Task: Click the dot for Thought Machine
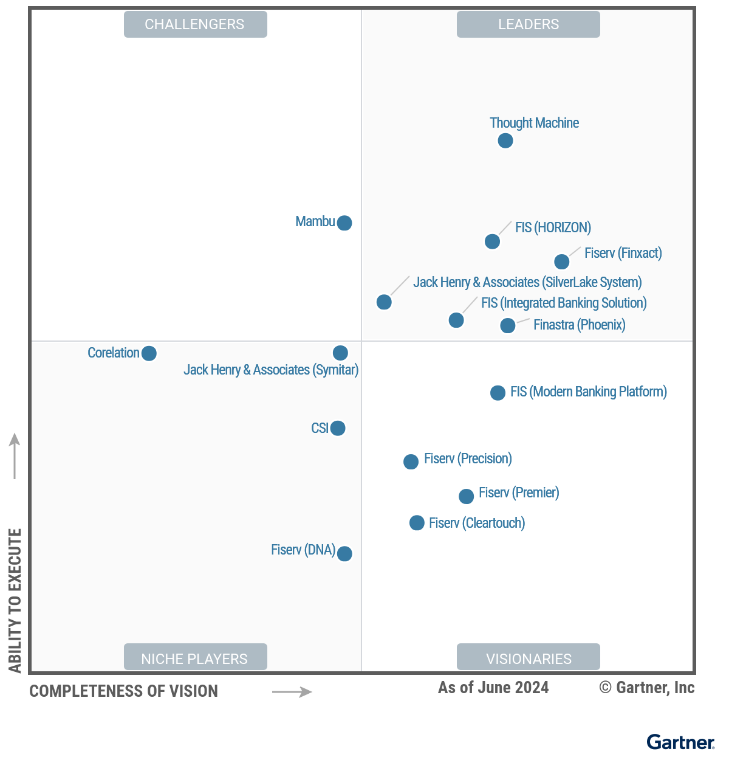pyautogui.click(x=505, y=140)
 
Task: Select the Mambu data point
pyautogui.click(x=344, y=223)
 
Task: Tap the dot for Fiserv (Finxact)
pyautogui.click(x=562, y=261)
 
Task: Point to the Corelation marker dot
pyautogui.click(x=149, y=353)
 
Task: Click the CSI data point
pyautogui.click(x=338, y=428)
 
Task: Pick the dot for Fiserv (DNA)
pyautogui.click(x=344, y=553)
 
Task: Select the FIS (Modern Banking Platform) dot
pyautogui.click(x=498, y=393)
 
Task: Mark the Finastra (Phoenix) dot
pyautogui.click(x=507, y=326)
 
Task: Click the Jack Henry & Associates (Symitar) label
pyautogui.click(x=271, y=370)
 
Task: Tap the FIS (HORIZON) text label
pyautogui.click(x=553, y=227)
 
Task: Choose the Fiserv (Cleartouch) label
pyautogui.click(x=477, y=523)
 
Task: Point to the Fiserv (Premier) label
pyautogui.click(x=519, y=493)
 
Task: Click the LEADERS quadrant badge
pyautogui.click(x=528, y=24)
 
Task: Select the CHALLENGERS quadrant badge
pyautogui.click(x=195, y=24)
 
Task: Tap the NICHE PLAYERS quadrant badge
pyautogui.click(x=195, y=657)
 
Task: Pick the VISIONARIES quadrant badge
pyautogui.click(x=528, y=657)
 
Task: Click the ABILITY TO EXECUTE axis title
pyautogui.click(x=15, y=600)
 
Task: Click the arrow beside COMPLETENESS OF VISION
pyautogui.click(x=292, y=691)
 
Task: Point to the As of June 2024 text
pyautogui.click(x=493, y=688)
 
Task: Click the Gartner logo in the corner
pyautogui.click(x=680, y=742)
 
